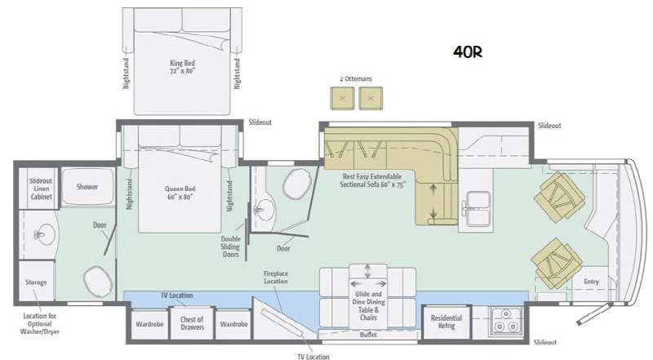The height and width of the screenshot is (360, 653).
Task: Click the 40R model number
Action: pos(468,51)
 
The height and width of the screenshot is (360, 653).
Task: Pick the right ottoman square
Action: pos(371,98)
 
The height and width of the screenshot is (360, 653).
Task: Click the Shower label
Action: pos(87,187)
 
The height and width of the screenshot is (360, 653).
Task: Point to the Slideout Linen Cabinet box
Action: pos(41,188)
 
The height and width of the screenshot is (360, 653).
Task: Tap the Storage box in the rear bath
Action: pos(37,282)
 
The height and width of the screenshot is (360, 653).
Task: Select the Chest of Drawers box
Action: pos(191,323)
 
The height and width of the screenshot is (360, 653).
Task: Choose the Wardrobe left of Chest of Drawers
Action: pos(149,323)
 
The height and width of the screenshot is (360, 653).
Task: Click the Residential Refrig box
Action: pos(446,322)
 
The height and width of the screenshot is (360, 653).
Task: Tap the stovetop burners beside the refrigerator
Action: pos(504,322)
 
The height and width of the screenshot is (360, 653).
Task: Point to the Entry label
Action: pos(591,282)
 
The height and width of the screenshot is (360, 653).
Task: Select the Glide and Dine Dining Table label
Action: pos(369,299)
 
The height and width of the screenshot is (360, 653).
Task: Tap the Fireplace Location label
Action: pos(277,278)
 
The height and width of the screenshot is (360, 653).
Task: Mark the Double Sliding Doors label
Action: pos(230,246)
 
